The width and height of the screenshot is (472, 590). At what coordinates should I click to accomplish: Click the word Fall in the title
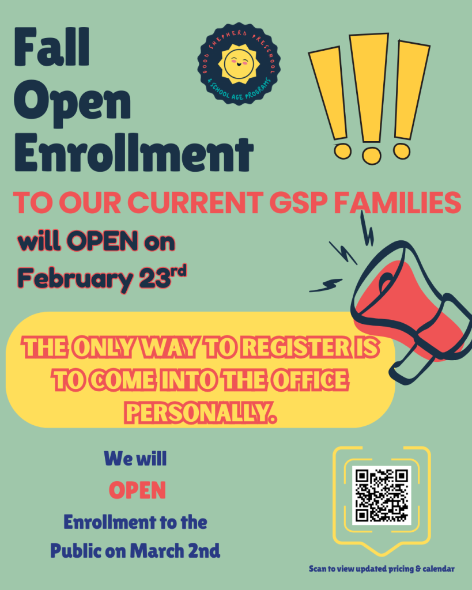pos(52,47)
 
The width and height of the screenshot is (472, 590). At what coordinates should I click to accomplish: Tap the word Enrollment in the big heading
pos(134,152)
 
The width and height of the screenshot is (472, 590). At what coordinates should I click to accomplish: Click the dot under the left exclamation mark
pos(342,151)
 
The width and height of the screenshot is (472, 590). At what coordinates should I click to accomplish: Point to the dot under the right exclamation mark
pos(402,150)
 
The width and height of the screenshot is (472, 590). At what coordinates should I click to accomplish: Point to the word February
pos(75,279)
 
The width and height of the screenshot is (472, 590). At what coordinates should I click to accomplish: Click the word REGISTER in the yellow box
pos(296,347)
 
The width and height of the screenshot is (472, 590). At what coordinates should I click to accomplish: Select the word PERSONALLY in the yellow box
pos(200,413)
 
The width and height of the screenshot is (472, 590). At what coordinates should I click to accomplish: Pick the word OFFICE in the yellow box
pos(309,380)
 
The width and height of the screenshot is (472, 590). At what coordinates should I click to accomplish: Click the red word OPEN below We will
pos(137,490)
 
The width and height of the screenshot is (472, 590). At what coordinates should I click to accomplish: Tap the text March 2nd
pos(175,551)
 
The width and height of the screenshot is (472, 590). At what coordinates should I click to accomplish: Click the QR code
pos(382,495)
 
